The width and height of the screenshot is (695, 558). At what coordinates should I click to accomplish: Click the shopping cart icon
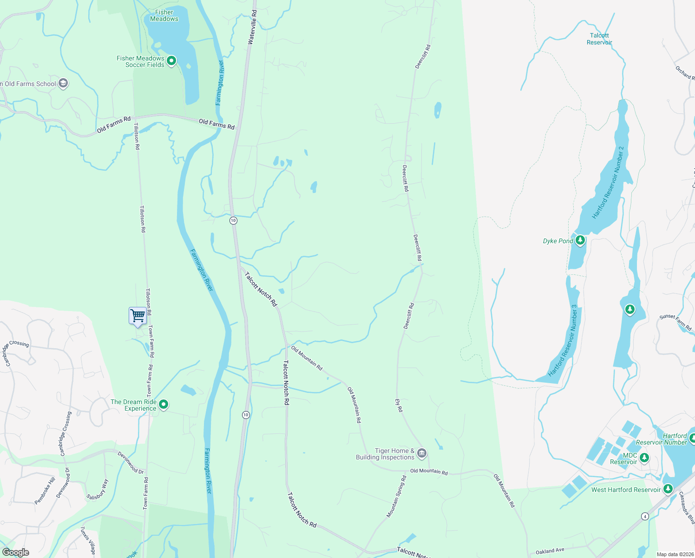click(x=138, y=316)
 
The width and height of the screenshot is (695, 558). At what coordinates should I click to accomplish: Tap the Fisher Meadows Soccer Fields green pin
click(x=171, y=60)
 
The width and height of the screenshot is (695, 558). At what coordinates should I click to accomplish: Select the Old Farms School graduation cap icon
click(x=63, y=83)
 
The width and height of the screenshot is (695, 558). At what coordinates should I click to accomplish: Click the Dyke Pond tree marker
click(x=580, y=240)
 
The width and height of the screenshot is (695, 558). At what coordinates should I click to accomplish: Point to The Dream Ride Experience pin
click(x=164, y=404)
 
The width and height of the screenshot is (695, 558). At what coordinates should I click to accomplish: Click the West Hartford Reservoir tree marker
click(x=668, y=489)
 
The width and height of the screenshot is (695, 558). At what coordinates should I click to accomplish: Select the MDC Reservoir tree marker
click(x=644, y=458)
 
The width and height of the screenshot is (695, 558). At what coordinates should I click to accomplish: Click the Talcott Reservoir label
click(x=599, y=39)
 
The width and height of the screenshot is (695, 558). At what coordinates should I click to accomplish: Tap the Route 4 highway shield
click(x=645, y=516)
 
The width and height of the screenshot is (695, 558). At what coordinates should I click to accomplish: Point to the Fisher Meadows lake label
click(x=164, y=16)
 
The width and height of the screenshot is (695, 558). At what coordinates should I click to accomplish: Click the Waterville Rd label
click(x=252, y=27)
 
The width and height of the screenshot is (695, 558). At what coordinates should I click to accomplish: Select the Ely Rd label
click(x=399, y=405)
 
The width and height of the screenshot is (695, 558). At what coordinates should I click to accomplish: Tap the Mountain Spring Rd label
click(x=396, y=496)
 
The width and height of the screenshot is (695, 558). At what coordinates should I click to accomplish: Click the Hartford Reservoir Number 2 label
click(x=608, y=183)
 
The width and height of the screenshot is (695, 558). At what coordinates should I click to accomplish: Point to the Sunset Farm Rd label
click(x=675, y=322)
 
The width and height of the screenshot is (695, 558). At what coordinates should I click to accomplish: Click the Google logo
click(x=15, y=552)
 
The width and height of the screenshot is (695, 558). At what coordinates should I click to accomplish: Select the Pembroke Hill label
click(x=45, y=491)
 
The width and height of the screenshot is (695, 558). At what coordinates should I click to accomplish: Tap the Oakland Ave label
click(x=550, y=551)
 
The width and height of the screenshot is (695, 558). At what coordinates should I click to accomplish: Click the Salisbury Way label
click(x=98, y=489)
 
